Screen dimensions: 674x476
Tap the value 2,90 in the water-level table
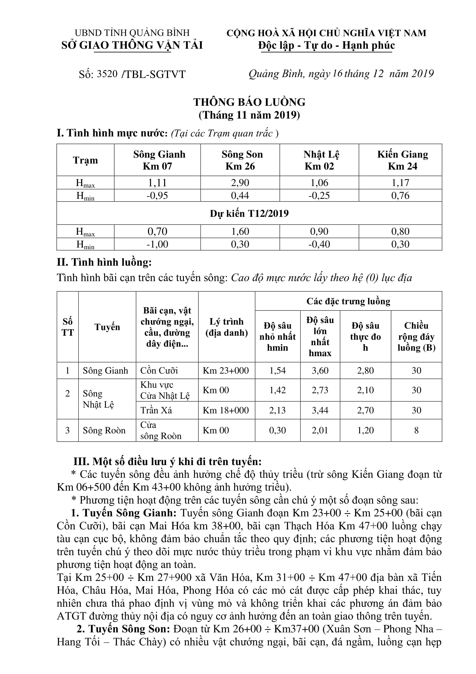[x=240, y=183]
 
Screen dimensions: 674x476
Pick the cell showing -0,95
[x=157, y=195]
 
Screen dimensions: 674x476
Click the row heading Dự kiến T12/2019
[x=249, y=214]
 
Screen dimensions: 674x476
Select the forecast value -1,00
[x=157, y=244]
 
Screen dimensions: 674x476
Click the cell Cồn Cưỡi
[x=159, y=371]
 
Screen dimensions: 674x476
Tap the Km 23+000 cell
[x=226, y=371]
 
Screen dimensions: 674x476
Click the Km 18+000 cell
[x=226, y=410]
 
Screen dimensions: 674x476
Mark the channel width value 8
[x=416, y=430]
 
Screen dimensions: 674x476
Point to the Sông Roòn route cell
[x=104, y=430]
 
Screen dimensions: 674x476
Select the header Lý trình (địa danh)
[x=226, y=327]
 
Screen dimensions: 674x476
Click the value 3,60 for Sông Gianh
[x=320, y=371]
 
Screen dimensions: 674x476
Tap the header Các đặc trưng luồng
[x=348, y=301]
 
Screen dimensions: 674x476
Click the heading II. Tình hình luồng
[x=104, y=262]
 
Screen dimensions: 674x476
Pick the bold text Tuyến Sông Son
[x=129, y=629]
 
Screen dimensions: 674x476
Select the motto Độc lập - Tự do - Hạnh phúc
[x=326, y=46]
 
